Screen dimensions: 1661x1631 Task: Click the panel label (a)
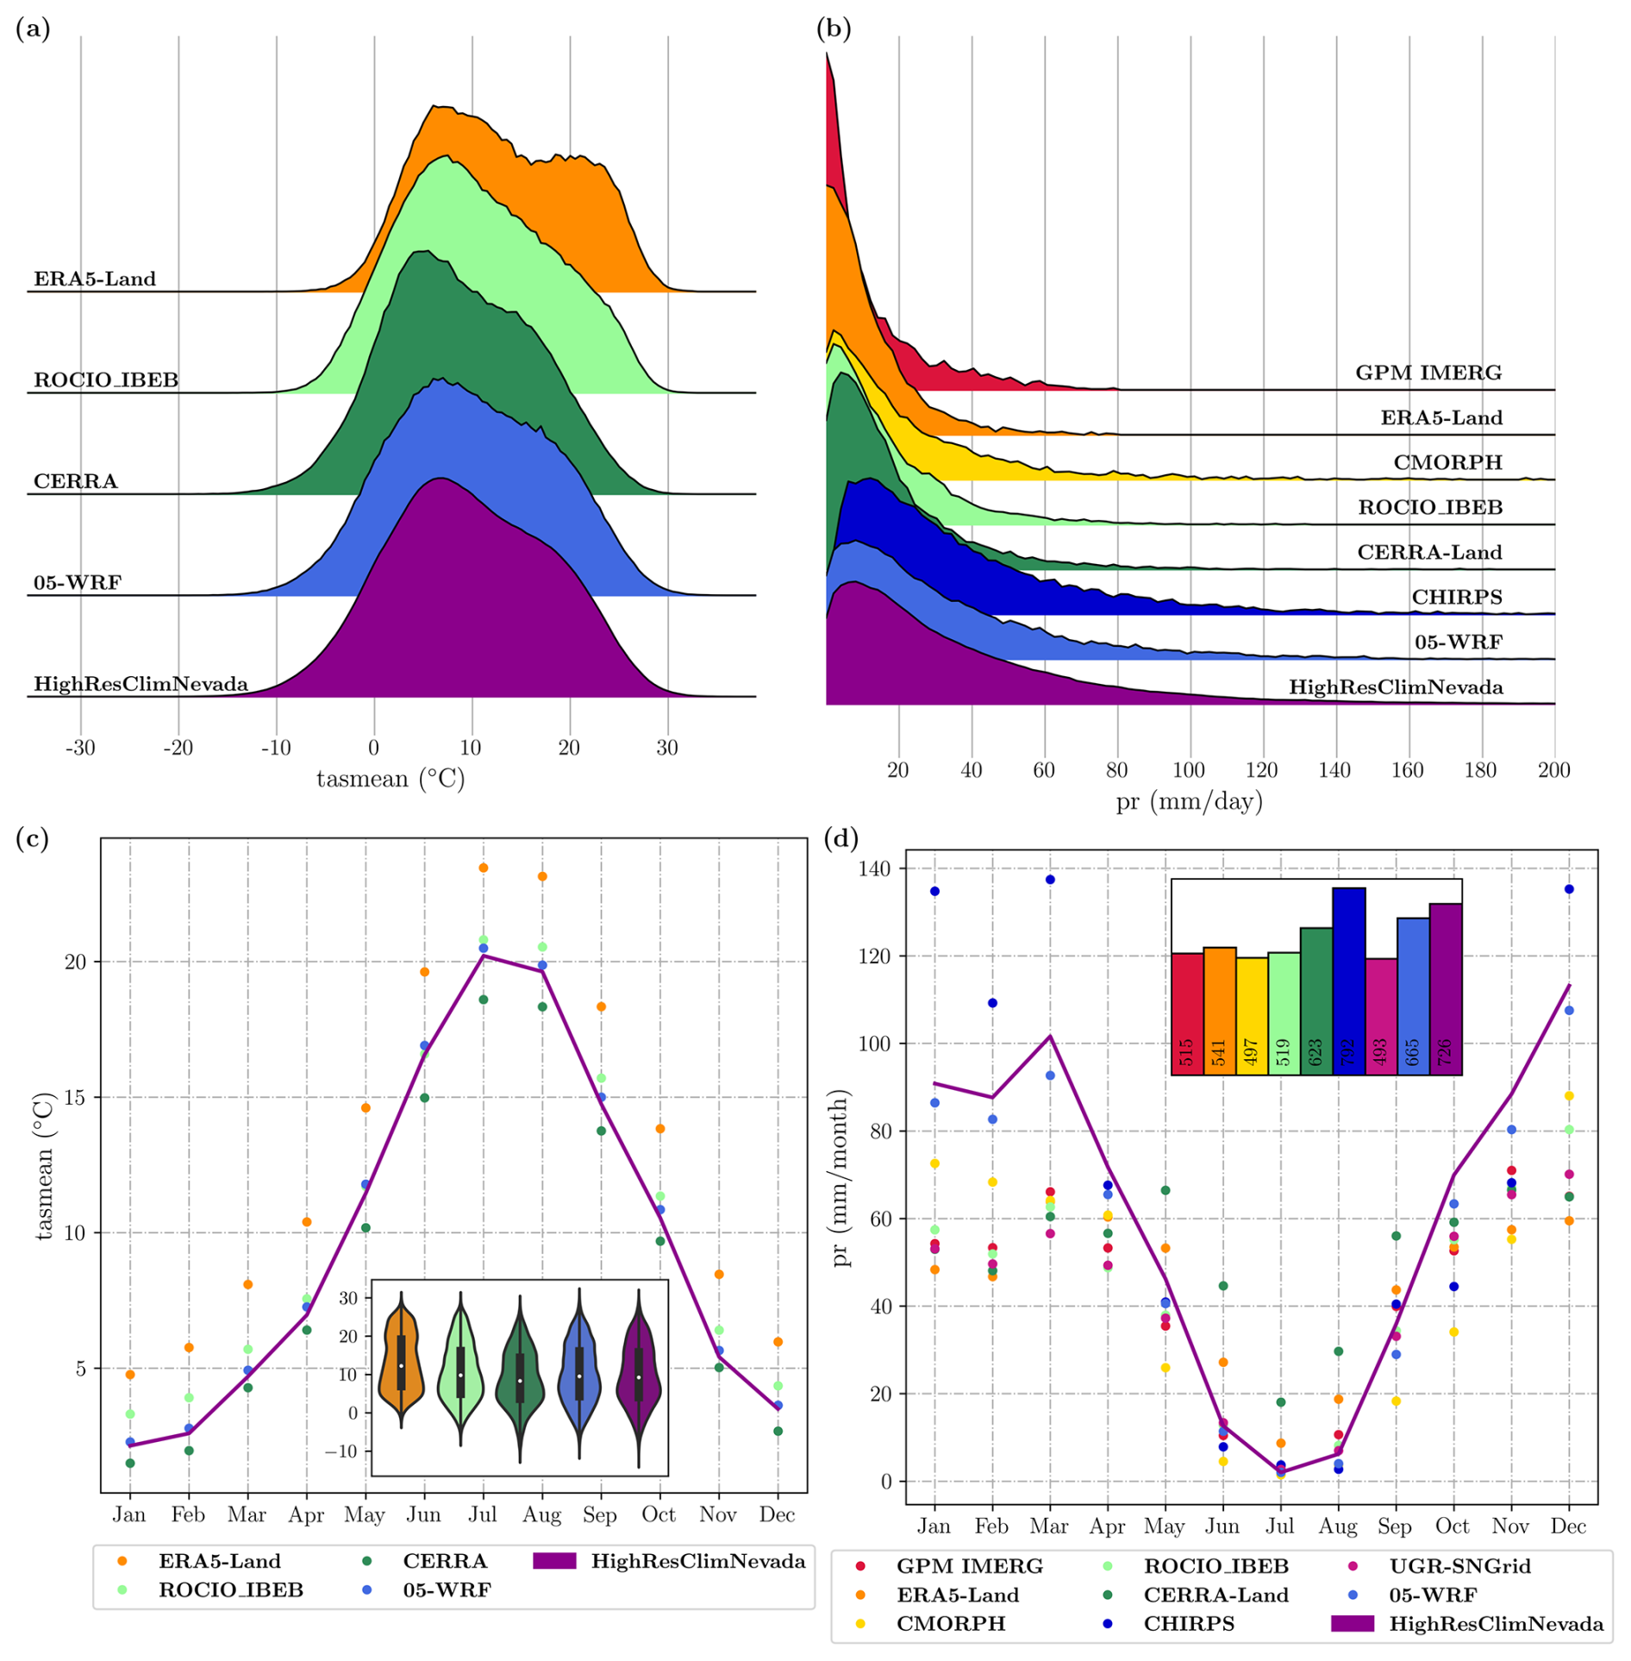tap(33, 29)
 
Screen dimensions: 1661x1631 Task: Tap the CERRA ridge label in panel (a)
tap(75, 481)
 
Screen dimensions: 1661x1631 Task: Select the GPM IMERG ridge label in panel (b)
tap(1428, 373)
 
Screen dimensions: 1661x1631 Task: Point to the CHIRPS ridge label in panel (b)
tap(1456, 597)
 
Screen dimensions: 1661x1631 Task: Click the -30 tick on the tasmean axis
tap(80, 748)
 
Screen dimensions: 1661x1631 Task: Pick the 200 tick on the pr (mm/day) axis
tap(1553, 770)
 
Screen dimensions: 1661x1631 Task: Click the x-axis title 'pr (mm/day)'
tap(1189, 802)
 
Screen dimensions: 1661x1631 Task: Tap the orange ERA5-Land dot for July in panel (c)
tap(484, 868)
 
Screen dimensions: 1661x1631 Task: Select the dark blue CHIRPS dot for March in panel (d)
tap(1050, 880)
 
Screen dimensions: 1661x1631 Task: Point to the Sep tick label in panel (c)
tap(600, 1514)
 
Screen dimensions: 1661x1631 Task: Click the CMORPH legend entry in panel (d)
tap(950, 1623)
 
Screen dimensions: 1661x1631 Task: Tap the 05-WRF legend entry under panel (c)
tap(447, 1589)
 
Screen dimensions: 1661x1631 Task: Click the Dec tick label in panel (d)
tap(1568, 1526)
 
